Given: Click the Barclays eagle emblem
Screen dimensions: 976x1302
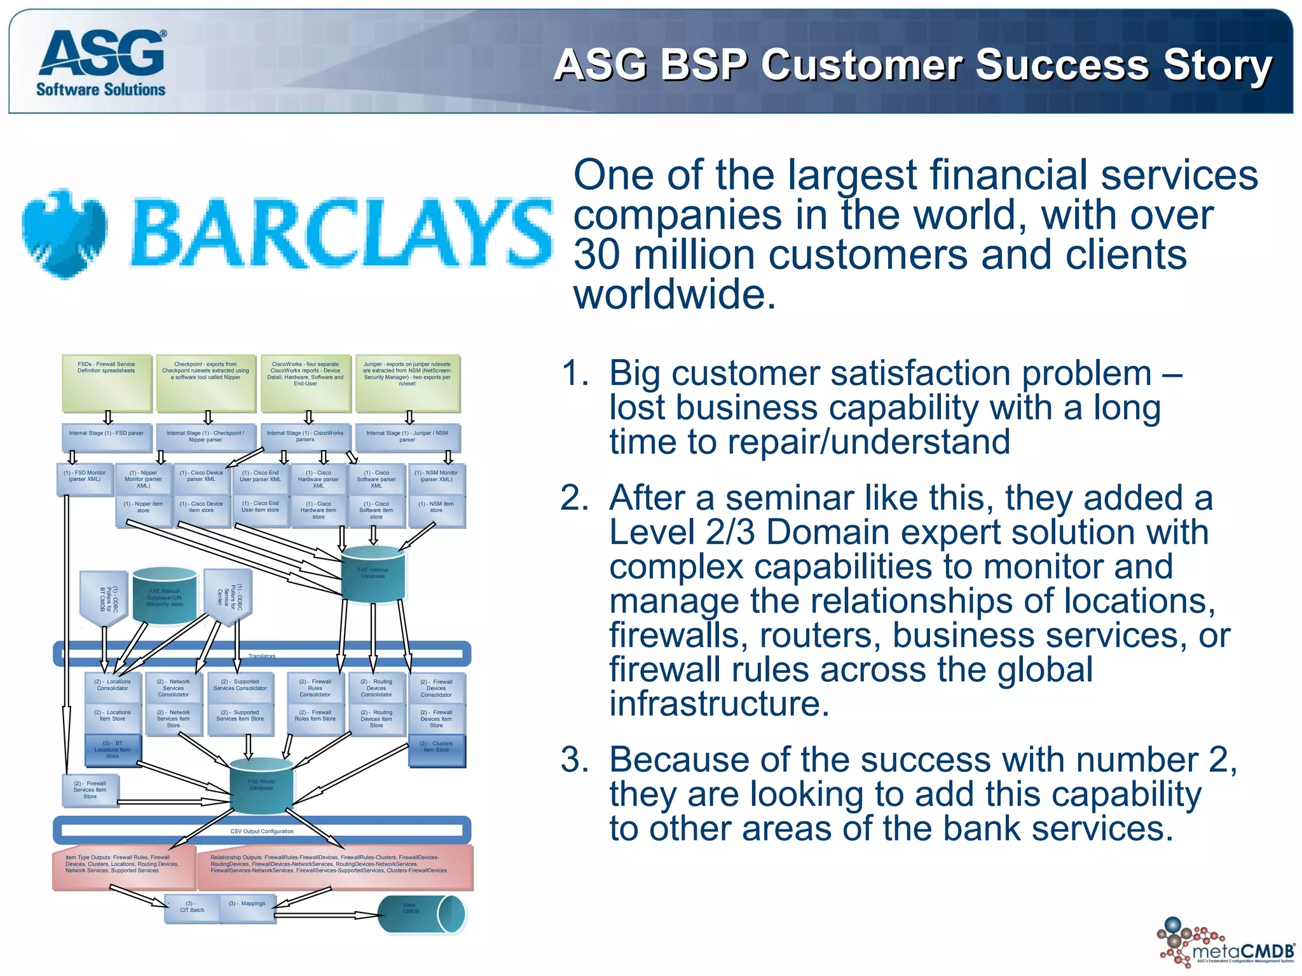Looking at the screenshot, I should [64, 233].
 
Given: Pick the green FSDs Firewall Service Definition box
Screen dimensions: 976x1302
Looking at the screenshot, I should [107, 383].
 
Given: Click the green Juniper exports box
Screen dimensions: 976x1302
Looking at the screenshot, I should [408, 383].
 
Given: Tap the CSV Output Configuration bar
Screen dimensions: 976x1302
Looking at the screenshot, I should [262, 830].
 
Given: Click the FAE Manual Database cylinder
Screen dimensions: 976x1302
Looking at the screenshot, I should [165, 597].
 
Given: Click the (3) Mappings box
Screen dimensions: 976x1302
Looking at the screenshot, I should [247, 907].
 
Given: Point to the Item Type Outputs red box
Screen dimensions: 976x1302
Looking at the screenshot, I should [123, 867].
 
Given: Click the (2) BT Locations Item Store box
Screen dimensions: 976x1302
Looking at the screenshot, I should [113, 750].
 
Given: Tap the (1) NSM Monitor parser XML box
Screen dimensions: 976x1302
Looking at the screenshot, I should [436, 480].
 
